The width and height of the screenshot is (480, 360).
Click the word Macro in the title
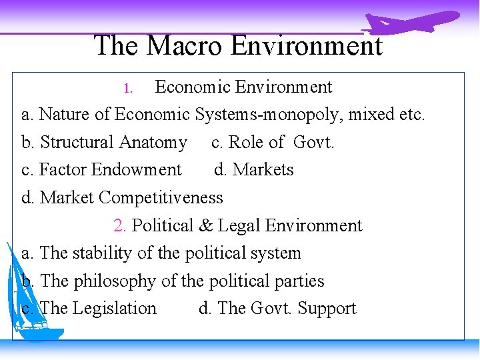point(184,45)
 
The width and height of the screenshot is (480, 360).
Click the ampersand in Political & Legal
point(205,225)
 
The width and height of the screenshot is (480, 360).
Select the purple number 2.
point(119,225)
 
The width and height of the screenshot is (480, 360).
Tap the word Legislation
point(114,309)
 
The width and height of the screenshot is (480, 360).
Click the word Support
point(327,309)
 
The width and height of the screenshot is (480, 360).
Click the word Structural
point(77,143)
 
